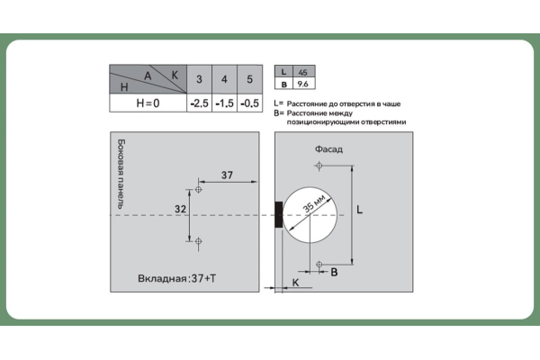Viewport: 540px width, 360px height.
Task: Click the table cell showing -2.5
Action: point(200,103)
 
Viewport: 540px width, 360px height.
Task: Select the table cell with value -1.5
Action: point(224,103)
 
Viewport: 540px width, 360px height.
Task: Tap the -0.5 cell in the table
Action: point(249,103)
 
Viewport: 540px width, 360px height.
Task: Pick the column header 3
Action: point(200,79)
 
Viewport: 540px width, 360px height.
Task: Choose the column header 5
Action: point(249,79)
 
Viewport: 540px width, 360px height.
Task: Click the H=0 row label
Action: point(148,103)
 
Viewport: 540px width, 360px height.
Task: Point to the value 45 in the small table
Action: point(303,72)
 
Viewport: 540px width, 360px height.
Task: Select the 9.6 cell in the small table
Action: point(303,84)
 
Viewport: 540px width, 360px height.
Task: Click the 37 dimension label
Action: point(227,175)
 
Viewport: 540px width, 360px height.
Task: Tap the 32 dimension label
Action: point(181,209)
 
